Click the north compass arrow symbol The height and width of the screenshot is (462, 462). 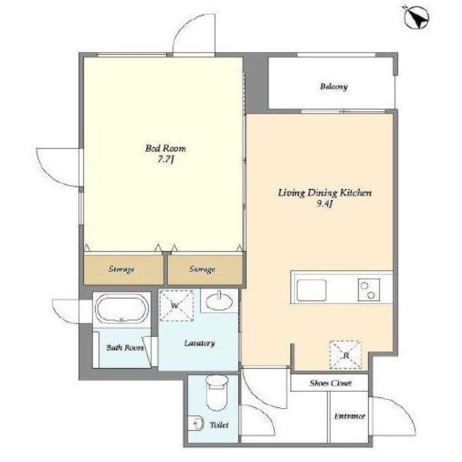pyautogui.click(x=417, y=18)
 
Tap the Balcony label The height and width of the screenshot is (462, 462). pyautogui.click(x=334, y=87)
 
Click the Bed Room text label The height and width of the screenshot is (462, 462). pyautogui.click(x=165, y=148)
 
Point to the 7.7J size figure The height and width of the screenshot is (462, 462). pyautogui.click(x=165, y=160)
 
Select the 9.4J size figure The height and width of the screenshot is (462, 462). pyautogui.click(x=324, y=204)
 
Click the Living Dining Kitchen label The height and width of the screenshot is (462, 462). pyautogui.click(x=325, y=193)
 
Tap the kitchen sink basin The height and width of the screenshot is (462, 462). pyautogui.click(x=311, y=290)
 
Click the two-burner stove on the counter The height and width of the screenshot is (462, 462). pyautogui.click(x=369, y=290)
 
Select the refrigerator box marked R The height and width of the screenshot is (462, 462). pyautogui.click(x=345, y=354)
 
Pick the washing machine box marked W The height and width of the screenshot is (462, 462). pyautogui.click(x=176, y=305)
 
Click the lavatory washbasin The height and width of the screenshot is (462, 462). pyautogui.click(x=219, y=301)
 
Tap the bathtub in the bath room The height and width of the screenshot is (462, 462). pyautogui.click(x=122, y=309)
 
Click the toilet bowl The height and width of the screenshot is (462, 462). pyautogui.click(x=217, y=392)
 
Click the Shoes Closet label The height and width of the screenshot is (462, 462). pyautogui.click(x=331, y=383)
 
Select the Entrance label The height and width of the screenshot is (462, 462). pyautogui.click(x=349, y=416)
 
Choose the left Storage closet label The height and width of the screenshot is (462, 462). pyautogui.click(x=121, y=269)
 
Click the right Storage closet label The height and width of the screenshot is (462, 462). pyautogui.click(x=202, y=269)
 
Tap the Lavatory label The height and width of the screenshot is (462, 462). pyautogui.click(x=199, y=343)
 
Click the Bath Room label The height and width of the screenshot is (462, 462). pyautogui.click(x=125, y=348)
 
